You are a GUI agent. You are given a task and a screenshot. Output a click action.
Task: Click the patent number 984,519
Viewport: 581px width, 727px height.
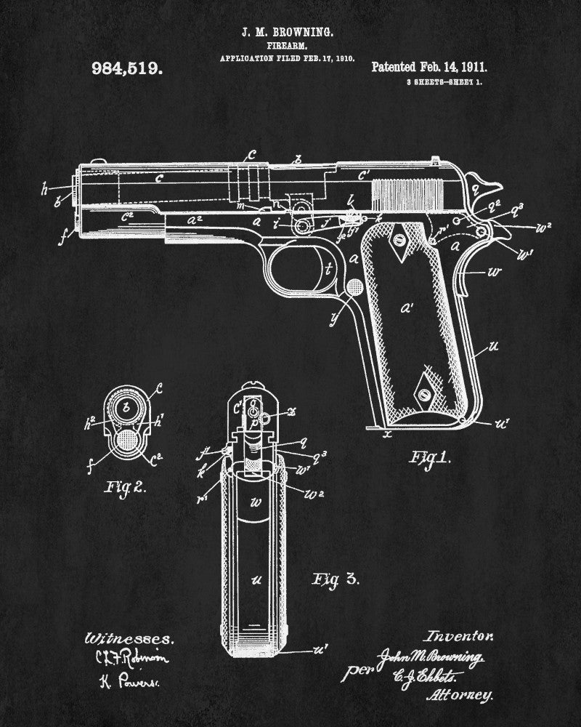click(x=127, y=69)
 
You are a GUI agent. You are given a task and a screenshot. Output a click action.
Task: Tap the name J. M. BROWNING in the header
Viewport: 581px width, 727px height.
click(x=289, y=33)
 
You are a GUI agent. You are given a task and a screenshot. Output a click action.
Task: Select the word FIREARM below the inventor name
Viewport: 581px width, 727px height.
click(x=288, y=46)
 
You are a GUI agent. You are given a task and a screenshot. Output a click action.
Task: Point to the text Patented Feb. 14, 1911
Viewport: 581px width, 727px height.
click(x=429, y=67)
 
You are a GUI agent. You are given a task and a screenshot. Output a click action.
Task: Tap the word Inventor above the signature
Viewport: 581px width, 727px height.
click(x=460, y=635)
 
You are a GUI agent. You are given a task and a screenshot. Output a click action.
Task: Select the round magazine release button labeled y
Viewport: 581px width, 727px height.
click(x=355, y=287)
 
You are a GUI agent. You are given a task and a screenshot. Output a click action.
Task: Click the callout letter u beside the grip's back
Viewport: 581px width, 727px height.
click(x=493, y=346)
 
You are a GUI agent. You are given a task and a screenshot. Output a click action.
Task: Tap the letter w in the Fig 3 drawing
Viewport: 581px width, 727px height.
click(x=255, y=502)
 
